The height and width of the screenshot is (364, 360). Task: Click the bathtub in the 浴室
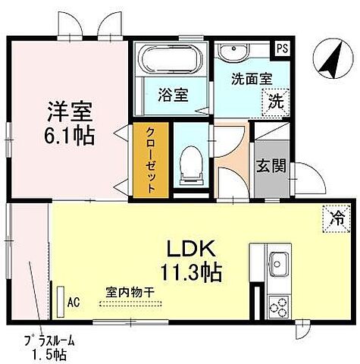171,60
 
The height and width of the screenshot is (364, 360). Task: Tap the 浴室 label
173,96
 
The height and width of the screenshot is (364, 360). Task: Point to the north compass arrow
330,61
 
